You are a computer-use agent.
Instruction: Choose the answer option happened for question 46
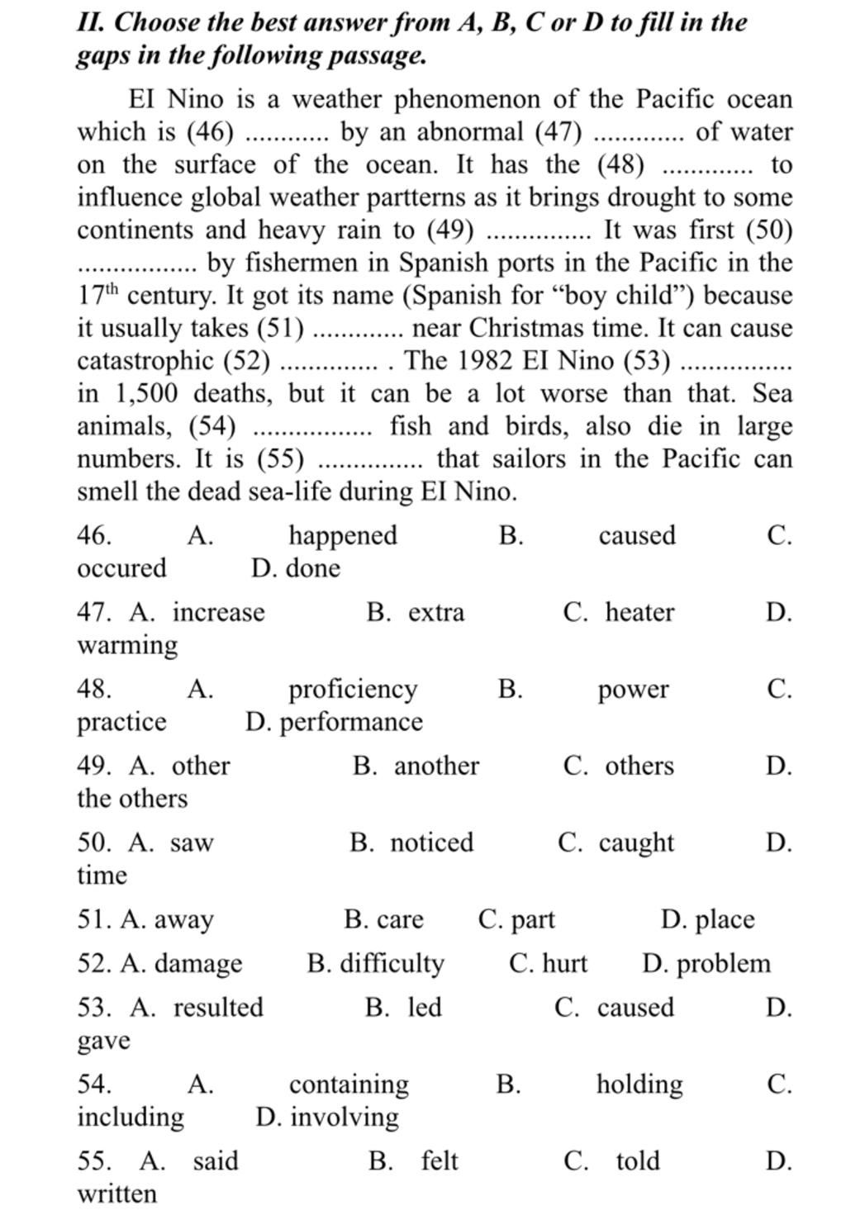pos(343,536)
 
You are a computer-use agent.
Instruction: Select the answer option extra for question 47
pos(436,613)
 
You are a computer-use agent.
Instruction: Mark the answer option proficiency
pos(353,690)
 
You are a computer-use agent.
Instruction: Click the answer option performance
pos(351,723)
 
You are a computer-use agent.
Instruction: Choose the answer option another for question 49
pos(436,766)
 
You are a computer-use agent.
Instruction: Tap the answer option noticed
pos(432,843)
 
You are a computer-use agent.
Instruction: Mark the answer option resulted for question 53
pos(218,1008)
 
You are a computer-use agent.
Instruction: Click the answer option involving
pos(345,1118)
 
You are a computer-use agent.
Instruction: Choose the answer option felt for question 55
pos(440,1161)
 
